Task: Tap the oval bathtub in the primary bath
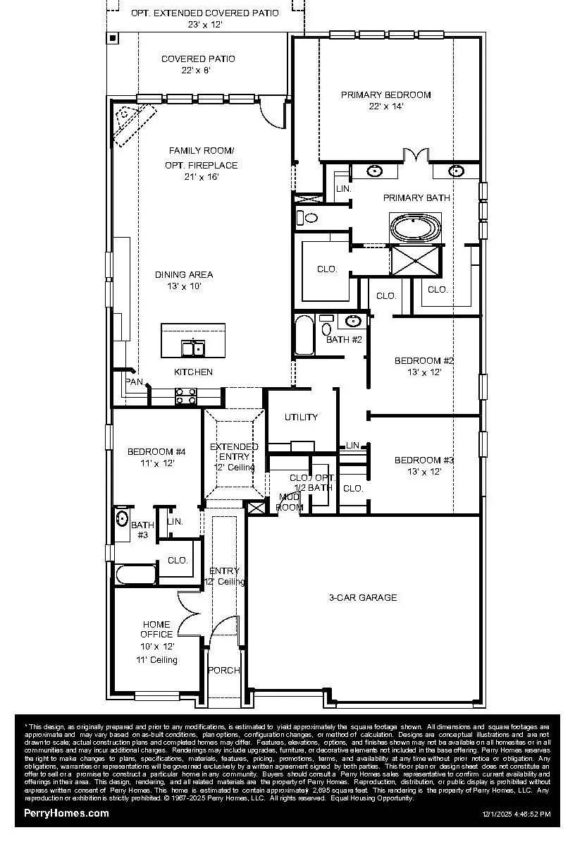click(x=416, y=228)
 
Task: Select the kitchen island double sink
click(x=193, y=348)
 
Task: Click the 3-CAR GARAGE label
click(x=363, y=597)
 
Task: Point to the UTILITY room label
click(x=301, y=417)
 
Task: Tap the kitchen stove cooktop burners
click(x=185, y=396)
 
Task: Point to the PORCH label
click(x=223, y=670)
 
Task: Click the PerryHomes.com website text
click(x=66, y=813)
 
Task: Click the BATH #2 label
click(x=344, y=340)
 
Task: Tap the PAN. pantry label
click(x=135, y=382)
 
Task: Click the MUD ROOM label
click(x=289, y=502)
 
